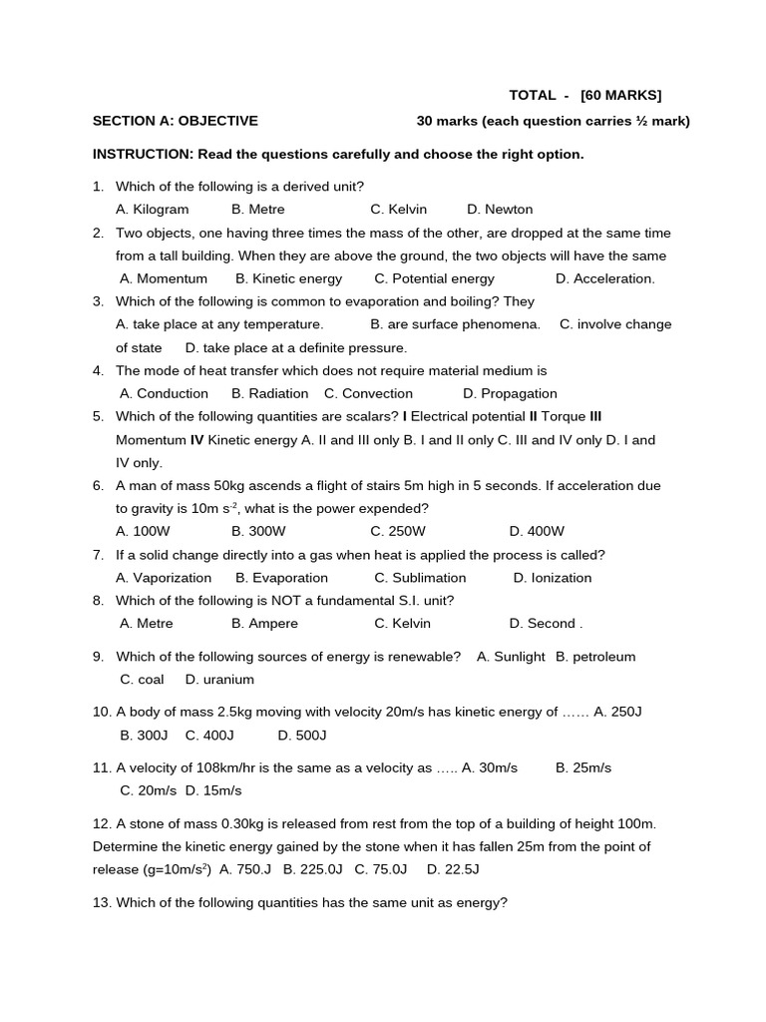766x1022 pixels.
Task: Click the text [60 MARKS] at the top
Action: (620, 96)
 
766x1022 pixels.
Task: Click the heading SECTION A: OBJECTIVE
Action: (176, 121)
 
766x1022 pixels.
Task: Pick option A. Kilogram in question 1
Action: (152, 210)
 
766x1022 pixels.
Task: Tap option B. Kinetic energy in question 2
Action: (288, 278)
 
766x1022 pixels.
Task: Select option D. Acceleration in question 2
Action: (605, 278)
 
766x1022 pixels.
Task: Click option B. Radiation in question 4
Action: (269, 394)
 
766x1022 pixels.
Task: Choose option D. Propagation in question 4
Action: (510, 394)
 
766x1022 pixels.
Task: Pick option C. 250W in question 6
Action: (398, 531)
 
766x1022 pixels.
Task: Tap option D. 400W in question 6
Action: (537, 531)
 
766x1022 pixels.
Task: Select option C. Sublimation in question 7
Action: (420, 578)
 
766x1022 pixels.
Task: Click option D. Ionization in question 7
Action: (553, 578)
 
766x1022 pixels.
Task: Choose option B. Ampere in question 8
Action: (264, 624)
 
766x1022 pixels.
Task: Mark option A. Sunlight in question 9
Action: (511, 657)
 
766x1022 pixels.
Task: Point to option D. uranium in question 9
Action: (219, 680)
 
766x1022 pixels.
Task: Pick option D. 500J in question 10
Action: (302, 736)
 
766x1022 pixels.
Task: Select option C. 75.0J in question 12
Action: (381, 870)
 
